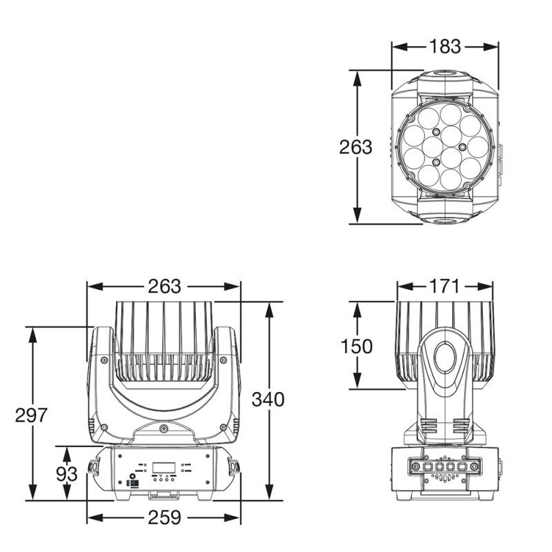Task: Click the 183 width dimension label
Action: (444, 47)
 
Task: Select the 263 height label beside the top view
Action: (355, 147)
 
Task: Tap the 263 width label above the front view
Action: (164, 286)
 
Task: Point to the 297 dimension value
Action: (31, 415)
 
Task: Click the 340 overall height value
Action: (268, 400)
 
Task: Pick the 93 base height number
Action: (66, 474)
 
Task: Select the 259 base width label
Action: (164, 517)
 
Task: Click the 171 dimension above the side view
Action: (445, 286)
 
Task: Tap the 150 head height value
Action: (356, 346)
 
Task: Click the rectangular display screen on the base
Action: (164, 467)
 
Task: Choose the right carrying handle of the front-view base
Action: (235, 467)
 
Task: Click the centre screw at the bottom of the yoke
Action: (164, 429)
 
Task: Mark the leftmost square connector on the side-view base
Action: (416, 466)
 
